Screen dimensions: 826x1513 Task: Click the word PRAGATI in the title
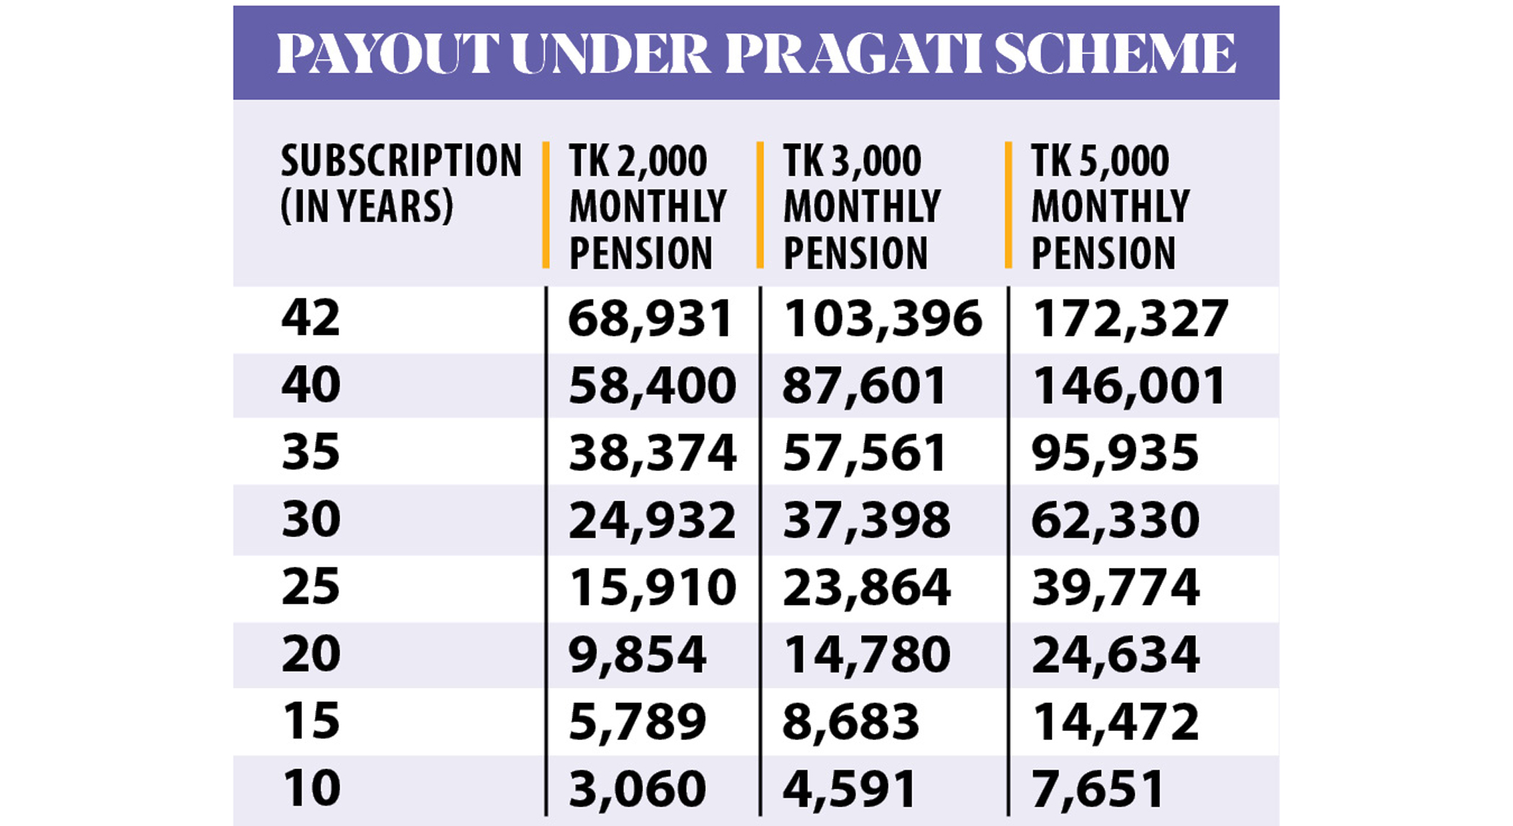[854, 53]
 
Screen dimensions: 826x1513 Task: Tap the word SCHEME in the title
[1115, 53]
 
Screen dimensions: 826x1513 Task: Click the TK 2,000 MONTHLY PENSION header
[648, 207]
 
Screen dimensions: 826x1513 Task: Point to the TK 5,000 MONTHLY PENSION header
[1110, 207]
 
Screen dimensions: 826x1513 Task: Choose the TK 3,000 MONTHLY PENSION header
[862, 207]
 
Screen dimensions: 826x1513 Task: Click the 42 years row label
[311, 318]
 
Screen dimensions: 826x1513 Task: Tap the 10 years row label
[311, 787]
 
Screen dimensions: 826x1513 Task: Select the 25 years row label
[311, 586]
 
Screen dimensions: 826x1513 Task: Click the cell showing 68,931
[650, 318]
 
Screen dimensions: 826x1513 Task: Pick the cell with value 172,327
[1130, 318]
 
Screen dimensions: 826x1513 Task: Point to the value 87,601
[864, 385]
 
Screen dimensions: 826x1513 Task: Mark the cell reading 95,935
[1115, 452]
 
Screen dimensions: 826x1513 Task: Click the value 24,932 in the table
[652, 519]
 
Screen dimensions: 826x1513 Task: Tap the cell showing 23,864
[866, 587]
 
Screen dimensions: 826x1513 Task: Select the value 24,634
[1115, 654]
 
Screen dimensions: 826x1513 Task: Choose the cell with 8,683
[851, 721]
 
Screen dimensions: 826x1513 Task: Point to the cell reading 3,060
[637, 788]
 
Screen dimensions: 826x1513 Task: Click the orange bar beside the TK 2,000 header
[546, 205]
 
